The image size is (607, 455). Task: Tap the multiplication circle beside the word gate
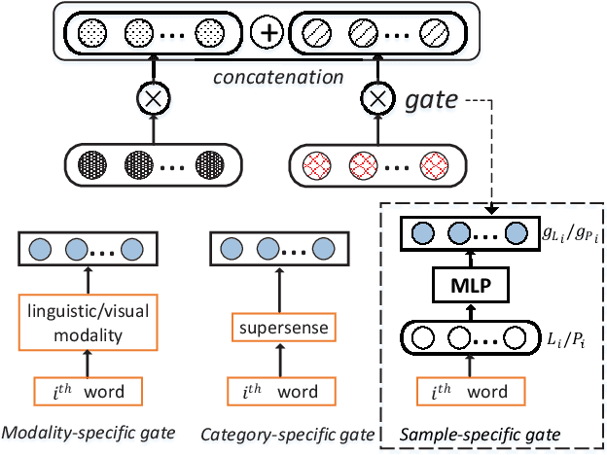pyautogui.click(x=375, y=97)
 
